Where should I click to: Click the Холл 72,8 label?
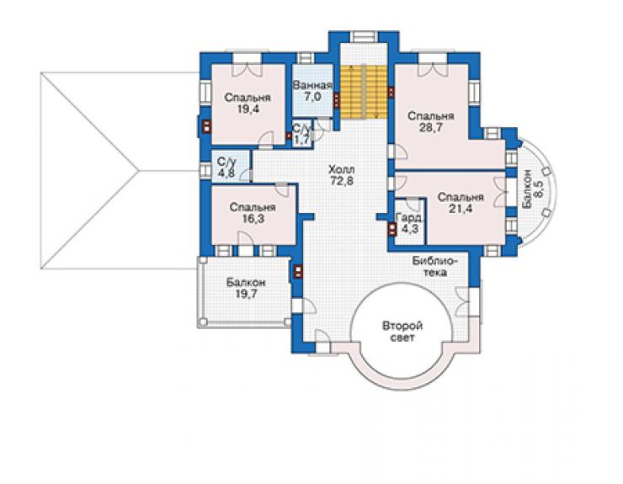(342, 175)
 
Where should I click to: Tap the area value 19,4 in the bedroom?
(248, 109)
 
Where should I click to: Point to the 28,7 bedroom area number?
(431, 127)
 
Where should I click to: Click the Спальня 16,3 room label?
(253, 213)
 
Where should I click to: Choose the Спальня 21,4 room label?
(461, 203)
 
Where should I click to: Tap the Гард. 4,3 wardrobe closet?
(409, 223)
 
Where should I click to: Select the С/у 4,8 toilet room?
(230, 166)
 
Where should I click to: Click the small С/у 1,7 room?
(302, 134)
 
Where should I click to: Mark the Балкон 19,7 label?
(246, 288)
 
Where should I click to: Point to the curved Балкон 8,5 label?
(532, 189)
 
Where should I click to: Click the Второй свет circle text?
(402, 332)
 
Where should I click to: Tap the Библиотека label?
(434, 267)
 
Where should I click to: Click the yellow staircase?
(363, 92)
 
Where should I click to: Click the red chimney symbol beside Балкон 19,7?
(298, 271)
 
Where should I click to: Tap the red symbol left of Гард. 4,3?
(392, 229)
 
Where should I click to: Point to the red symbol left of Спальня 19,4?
(206, 126)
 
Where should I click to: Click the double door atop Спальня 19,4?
(248, 66)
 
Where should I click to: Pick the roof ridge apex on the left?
(138, 171)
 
